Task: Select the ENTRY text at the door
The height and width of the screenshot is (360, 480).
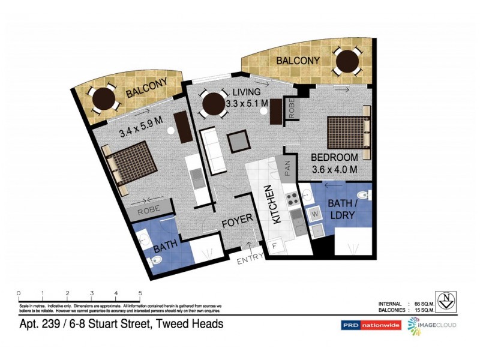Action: (x=250, y=261)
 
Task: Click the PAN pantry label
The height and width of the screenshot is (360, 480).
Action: (x=287, y=167)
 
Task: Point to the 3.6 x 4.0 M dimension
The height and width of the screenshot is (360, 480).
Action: (x=335, y=169)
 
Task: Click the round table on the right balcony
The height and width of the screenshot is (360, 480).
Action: (x=347, y=60)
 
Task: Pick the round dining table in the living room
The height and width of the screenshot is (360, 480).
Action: (x=214, y=104)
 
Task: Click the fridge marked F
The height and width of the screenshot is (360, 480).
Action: (x=275, y=245)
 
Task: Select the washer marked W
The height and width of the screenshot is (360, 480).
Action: (x=314, y=213)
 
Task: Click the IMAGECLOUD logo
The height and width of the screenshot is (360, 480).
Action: (x=432, y=325)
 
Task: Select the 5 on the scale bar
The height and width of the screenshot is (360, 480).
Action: (x=140, y=293)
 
